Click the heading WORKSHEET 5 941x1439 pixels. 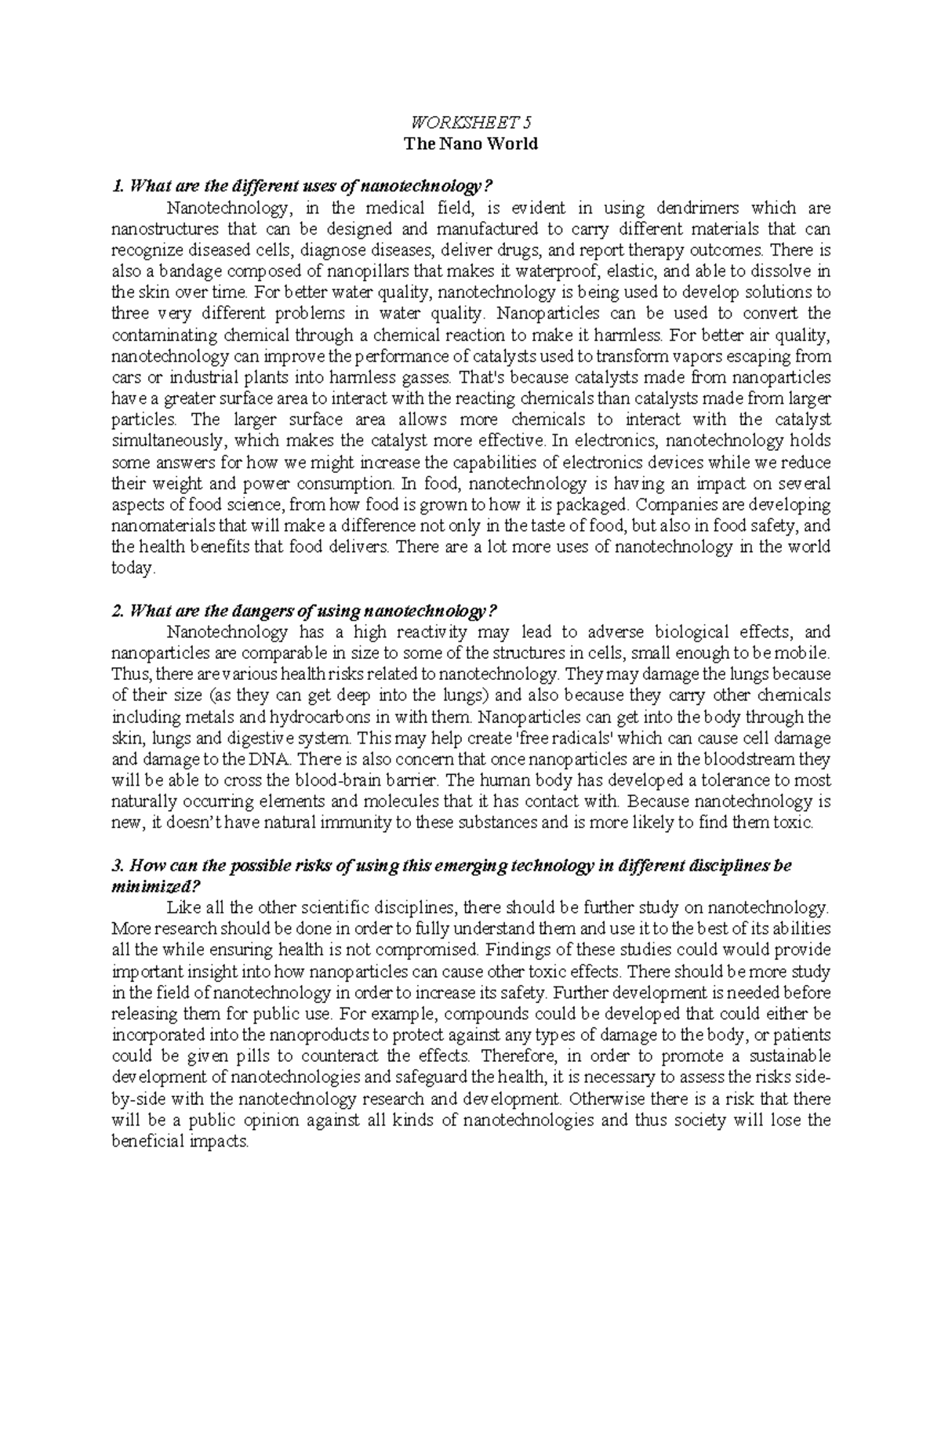tap(470, 122)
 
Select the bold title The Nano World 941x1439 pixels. tap(470, 144)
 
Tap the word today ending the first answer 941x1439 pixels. tap(133, 569)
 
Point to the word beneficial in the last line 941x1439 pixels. tap(148, 1141)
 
